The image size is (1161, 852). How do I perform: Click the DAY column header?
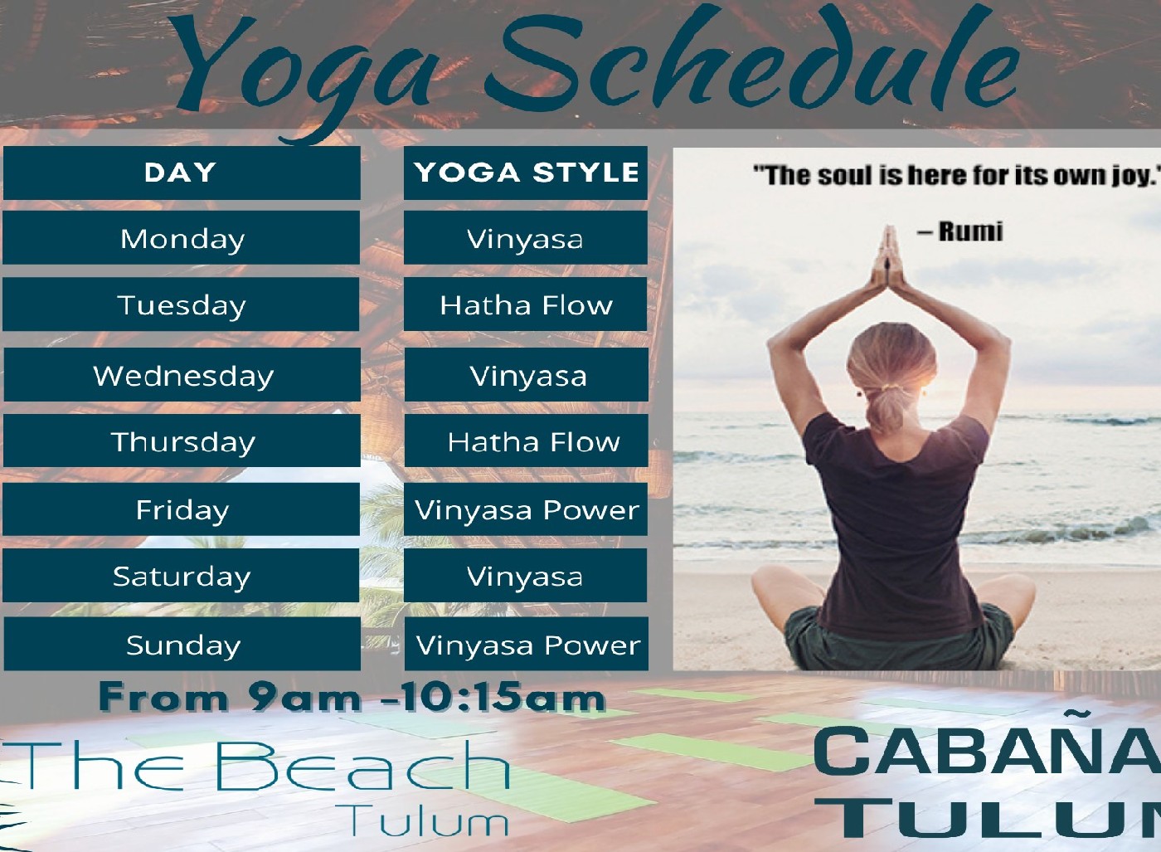coord(182,173)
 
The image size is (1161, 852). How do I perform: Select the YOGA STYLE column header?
coord(526,173)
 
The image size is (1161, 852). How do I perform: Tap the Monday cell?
coord(182,237)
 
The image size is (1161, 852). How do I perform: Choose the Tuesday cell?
coord(182,304)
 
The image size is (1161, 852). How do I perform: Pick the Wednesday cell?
coord(182,374)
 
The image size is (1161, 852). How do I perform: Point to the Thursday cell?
coord(182,441)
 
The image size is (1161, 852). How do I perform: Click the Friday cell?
coord(182,509)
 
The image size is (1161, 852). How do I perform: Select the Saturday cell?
coord(182,576)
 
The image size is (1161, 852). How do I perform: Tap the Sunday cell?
coord(182,644)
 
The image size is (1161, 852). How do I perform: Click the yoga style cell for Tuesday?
coord(526,304)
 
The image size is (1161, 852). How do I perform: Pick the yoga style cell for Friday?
coord(526,509)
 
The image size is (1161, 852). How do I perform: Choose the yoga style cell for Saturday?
coord(526,576)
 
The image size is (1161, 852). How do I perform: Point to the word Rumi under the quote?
coord(970,231)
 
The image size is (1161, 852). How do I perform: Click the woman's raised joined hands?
coord(889,256)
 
